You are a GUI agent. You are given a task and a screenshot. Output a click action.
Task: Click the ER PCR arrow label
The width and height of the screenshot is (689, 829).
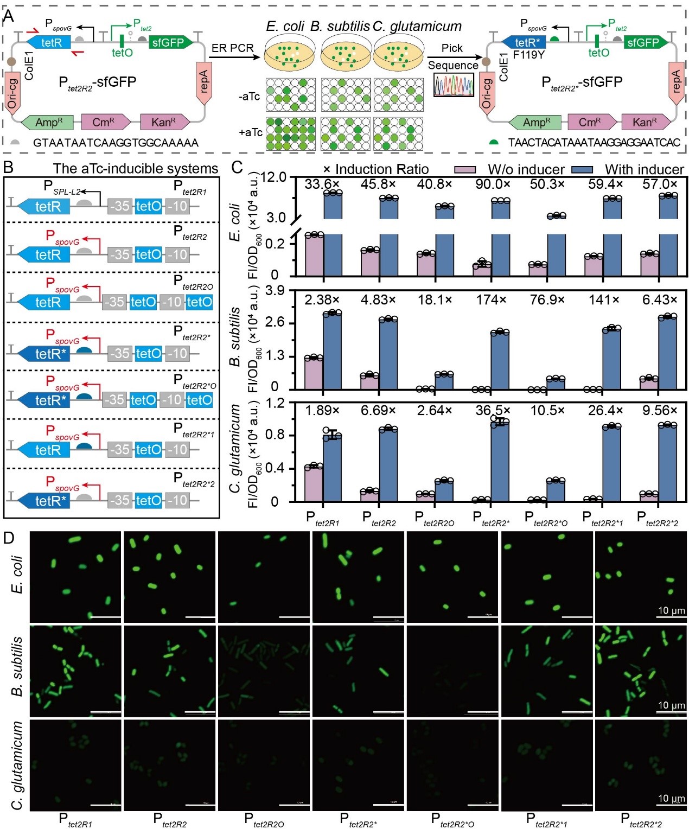[232, 48]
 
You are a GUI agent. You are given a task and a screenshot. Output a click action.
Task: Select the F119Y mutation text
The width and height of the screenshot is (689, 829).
[528, 55]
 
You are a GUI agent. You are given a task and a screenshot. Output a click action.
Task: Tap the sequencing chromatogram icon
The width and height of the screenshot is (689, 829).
[454, 85]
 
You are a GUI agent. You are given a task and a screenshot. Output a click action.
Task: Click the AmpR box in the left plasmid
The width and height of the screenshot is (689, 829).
[47, 122]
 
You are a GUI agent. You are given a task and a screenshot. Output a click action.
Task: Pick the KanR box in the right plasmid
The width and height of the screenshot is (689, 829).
[646, 122]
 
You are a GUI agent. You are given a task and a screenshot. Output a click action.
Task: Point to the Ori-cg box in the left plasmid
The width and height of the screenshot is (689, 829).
[12, 93]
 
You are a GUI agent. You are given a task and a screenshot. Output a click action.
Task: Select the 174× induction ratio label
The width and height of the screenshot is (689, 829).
[491, 299]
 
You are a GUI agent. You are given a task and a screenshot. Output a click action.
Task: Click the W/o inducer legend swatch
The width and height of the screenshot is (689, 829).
[464, 169]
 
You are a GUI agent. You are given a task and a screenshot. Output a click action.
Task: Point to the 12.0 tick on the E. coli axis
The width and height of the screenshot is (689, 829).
[274, 178]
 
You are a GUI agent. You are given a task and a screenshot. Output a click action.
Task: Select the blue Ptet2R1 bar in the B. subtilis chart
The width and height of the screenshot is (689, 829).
[333, 351]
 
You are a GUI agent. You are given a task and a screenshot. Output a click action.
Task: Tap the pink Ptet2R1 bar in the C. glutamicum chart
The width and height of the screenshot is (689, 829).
[314, 483]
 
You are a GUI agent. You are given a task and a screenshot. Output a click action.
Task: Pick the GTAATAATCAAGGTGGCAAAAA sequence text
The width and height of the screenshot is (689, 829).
[116, 143]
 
